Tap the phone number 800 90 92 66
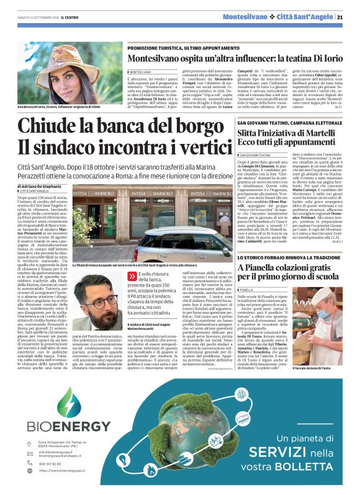pyautogui.click(x=60, y=463)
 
